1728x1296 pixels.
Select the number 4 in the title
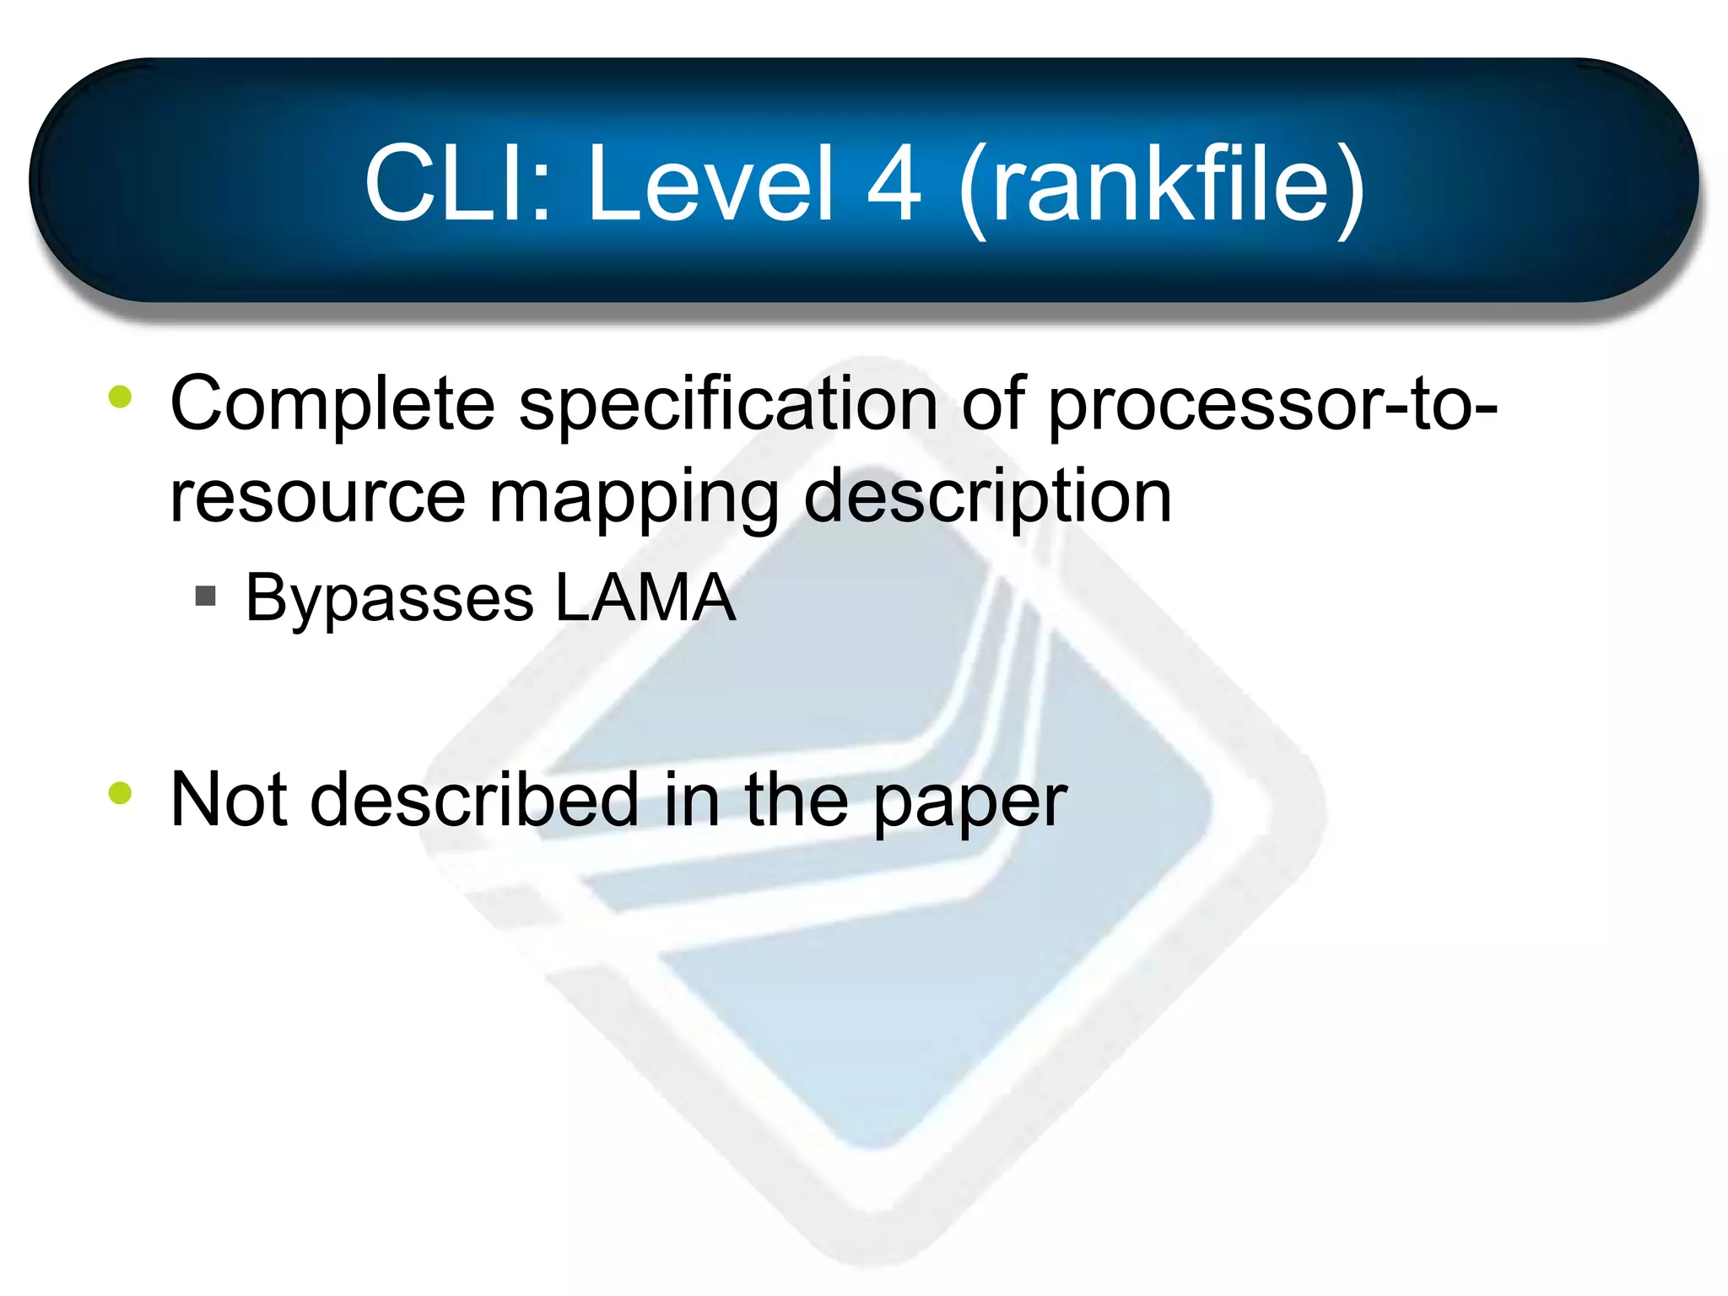(894, 184)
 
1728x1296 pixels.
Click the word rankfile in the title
(1161, 184)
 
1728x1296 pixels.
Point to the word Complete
(332, 405)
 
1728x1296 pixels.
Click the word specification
(727, 405)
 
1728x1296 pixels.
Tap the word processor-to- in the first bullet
(1272, 405)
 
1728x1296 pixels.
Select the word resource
(317, 498)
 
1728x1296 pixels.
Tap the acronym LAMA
(645, 597)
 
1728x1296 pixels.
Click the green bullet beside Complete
(121, 397)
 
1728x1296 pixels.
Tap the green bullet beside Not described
(121, 793)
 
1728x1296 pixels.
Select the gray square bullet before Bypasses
(205, 597)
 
